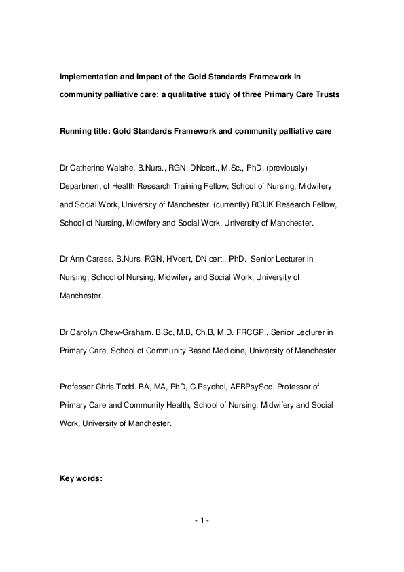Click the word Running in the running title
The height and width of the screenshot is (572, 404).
76,130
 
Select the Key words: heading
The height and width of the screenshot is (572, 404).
81,478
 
